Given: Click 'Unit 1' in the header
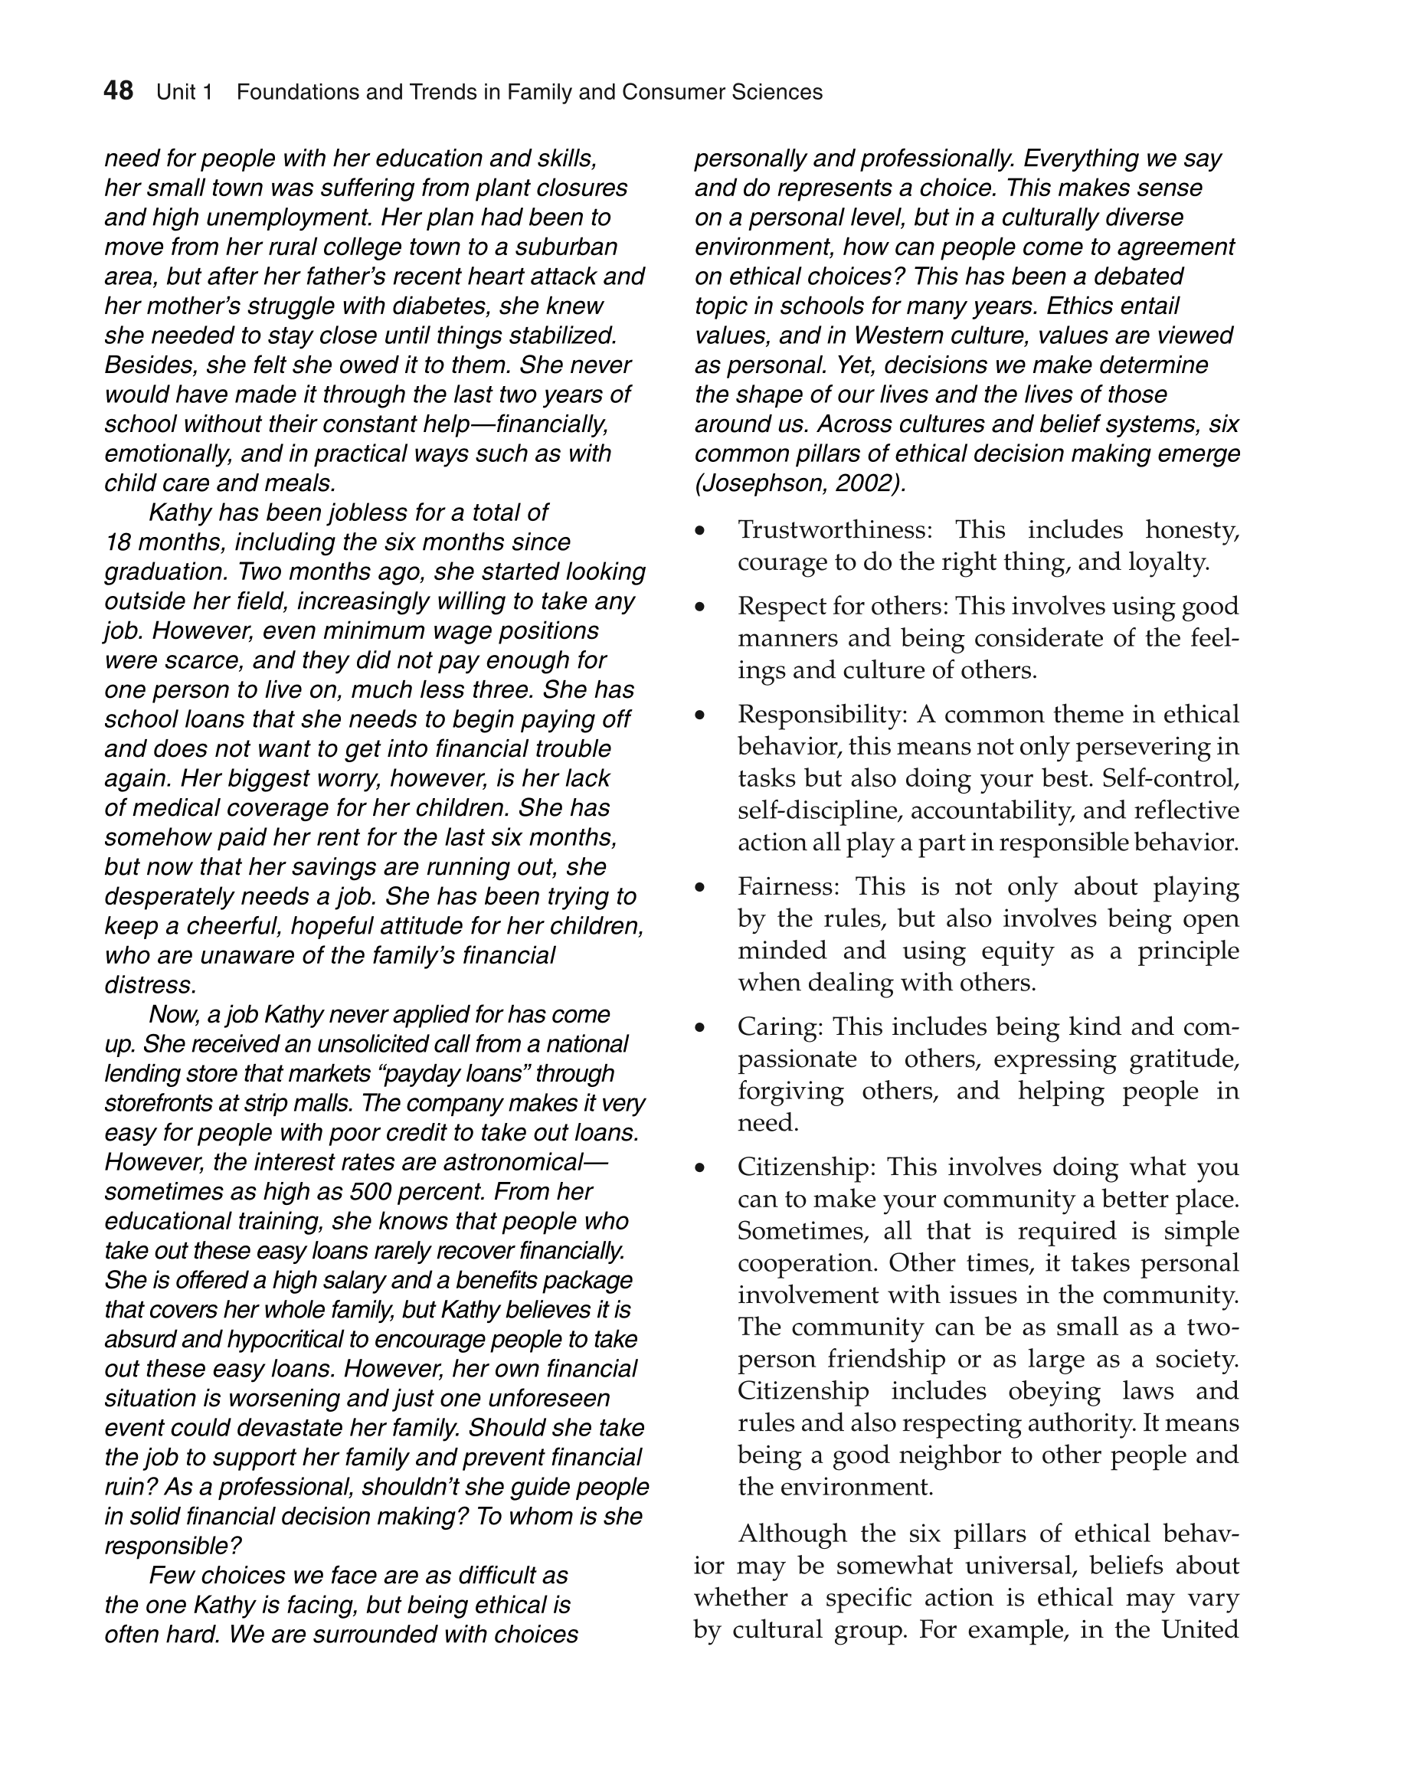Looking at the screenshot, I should pos(184,92).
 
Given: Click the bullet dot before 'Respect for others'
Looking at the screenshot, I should pos(700,607).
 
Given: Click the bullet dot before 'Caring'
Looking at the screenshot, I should pos(700,1028).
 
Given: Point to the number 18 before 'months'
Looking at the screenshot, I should pos(119,542).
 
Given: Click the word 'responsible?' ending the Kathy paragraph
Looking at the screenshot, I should pos(172,1546).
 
